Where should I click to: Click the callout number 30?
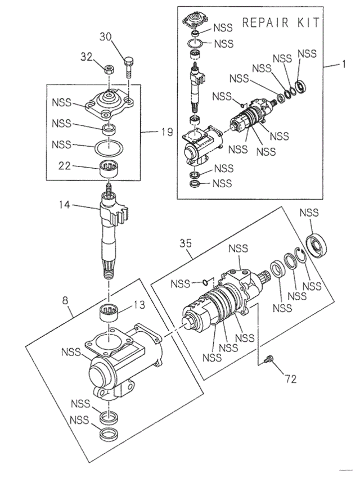point(106,37)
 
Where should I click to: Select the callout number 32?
point(85,56)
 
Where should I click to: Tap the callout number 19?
point(165,133)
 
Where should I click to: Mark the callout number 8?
point(66,300)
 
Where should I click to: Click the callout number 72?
point(290,379)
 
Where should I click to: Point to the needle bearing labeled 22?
point(110,168)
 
